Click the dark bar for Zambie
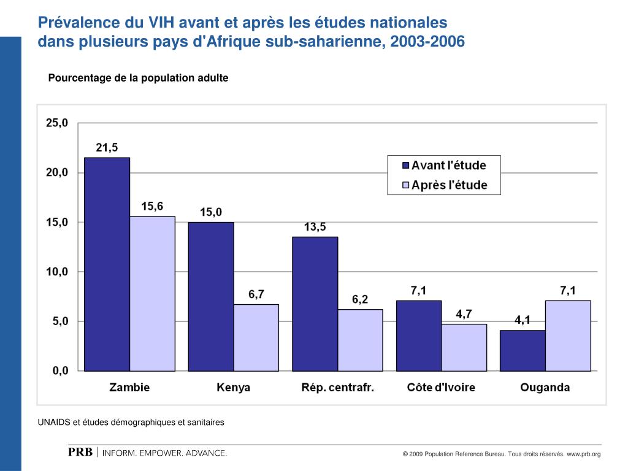tap(107, 264)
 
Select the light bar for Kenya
tap(256, 337)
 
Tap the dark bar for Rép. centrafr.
tap(315, 304)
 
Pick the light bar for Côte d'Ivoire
tap(464, 347)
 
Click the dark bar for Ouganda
tap(523, 350)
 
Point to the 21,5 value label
tap(107, 147)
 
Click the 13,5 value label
tap(315, 227)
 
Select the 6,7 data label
tap(256, 294)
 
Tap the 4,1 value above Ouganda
tap(522, 320)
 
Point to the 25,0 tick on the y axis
tap(57, 123)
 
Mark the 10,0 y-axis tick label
tap(57, 272)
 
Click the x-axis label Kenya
tap(234, 388)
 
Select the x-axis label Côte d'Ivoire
tap(441, 388)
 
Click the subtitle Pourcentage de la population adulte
tap(139, 78)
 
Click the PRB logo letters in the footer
tap(80, 453)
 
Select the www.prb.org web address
tap(583, 454)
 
